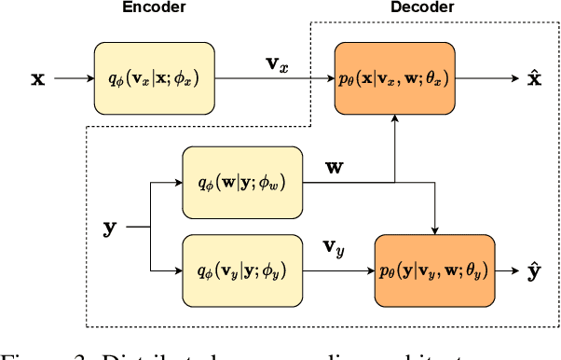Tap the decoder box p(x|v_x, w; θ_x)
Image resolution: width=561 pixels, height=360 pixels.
(396, 78)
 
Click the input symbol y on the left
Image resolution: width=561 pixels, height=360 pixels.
(110, 226)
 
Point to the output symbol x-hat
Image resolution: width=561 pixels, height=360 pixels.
(533, 79)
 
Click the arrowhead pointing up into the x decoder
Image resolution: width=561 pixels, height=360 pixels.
(396, 123)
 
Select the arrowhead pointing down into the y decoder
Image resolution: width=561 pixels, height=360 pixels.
(433, 228)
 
